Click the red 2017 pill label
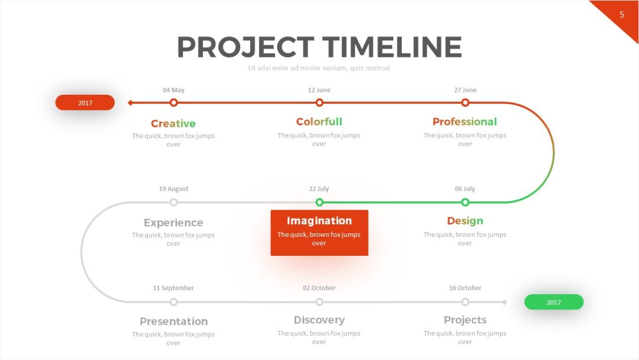[x=85, y=102]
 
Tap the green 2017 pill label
[x=554, y=302]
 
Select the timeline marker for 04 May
[x=173, y=103]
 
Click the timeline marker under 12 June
[x=319, y=103]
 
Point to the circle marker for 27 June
[x=465, y=103]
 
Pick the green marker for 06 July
[x=465, y=202]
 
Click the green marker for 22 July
[x=319, y=202]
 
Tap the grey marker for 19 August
[x=173, y=202]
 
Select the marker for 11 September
[x=173, y=302]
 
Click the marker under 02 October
[x=319, y=302]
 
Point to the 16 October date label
[x=465, y=288]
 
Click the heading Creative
[x=173, y=124]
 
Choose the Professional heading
[x=464, y=121]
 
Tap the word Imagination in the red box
[x=319, y=221]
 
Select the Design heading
[x=465, y=221]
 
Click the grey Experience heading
[x=173, y=223]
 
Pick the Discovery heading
[x=319, y=320]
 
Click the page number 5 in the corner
[x=622, y=15]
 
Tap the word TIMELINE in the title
[x=392, y=47]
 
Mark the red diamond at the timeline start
[x=130, y=103]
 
